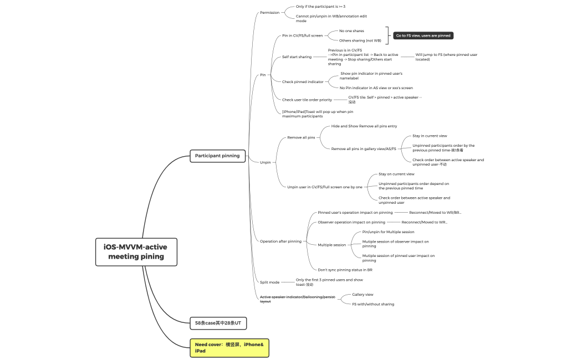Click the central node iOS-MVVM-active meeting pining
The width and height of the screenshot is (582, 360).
point(136,251)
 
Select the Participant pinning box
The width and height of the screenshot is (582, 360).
point(217,156)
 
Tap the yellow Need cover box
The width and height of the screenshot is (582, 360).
point(229,348)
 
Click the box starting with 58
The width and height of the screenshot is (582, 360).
point(217,322)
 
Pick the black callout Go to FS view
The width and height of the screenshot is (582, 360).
point(423,35)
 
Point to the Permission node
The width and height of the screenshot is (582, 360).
point(270,12)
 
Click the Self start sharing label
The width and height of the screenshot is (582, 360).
point(297,57)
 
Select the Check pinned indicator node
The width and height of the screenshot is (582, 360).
point(303,82)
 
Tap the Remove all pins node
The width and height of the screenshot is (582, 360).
point(301,137)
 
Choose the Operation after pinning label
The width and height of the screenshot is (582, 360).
point(280,241)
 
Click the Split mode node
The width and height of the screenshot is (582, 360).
point(269,282)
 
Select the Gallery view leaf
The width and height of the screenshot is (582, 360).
point(363,295)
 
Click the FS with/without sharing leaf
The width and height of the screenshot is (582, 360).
point(373,304)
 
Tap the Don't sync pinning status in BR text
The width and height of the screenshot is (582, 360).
point(345,270)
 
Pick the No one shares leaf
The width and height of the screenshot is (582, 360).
point(351,31)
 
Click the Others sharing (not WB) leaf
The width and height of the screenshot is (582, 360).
point(360,40)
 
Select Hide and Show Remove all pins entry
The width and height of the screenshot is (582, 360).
point(364,126)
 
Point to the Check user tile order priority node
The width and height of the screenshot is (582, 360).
point(307,100)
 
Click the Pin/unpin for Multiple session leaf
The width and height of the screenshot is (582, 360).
point(388,232)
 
